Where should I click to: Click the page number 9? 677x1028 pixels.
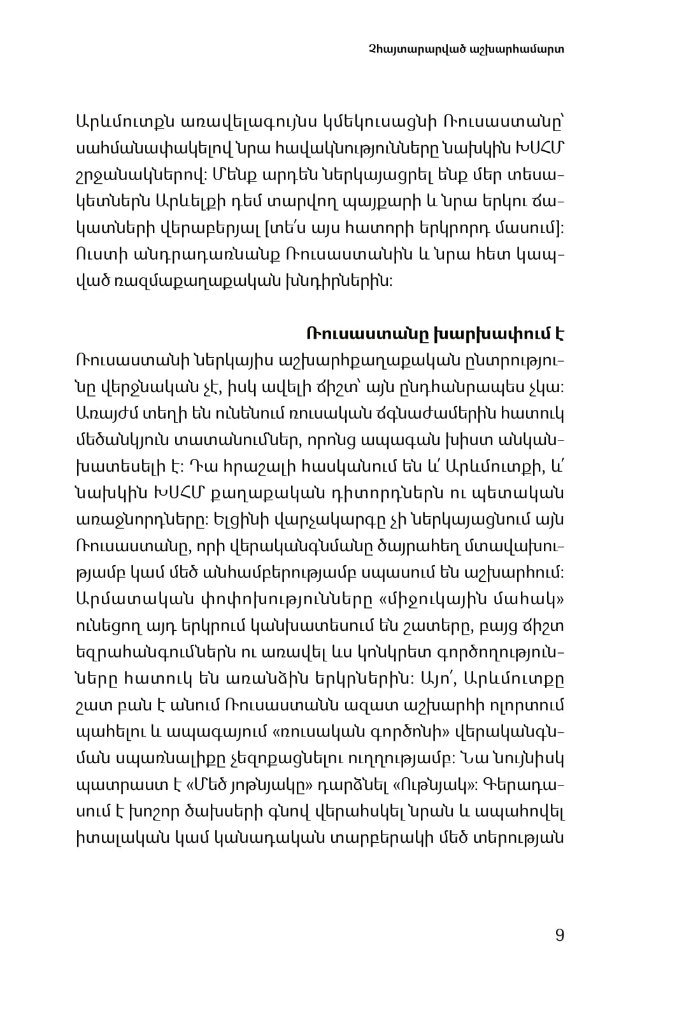[x=559, y=935]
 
